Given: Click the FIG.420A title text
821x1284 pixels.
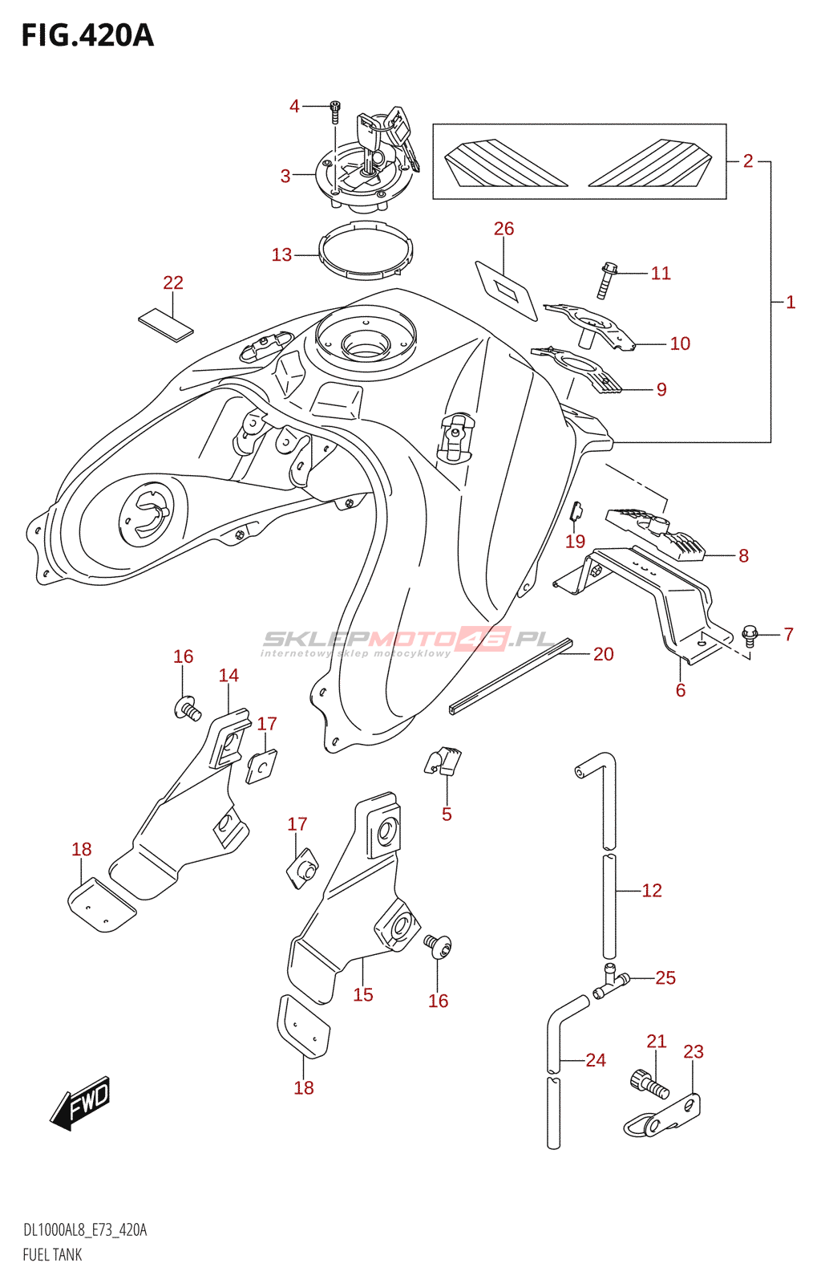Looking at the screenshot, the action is point(87,35).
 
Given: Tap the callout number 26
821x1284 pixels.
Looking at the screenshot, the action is point(504,229).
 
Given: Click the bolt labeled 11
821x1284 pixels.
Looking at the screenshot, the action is point(607,280).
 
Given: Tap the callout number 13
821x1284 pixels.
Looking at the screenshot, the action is point(281,254).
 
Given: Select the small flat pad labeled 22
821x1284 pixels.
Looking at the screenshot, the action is point(165,324).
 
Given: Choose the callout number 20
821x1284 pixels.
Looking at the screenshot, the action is point(604,653).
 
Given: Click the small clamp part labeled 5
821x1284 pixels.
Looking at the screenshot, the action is point(443,762).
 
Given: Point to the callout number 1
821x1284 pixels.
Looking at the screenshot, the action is point(791,302).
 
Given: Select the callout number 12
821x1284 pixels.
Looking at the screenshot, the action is point(652,890).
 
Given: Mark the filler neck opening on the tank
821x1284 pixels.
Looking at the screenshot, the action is point(366,345).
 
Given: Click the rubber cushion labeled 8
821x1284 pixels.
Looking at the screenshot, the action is point(656,533).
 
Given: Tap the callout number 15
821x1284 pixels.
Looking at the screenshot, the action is point(363,994).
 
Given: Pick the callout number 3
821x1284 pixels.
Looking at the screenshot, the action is point(285,176).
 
